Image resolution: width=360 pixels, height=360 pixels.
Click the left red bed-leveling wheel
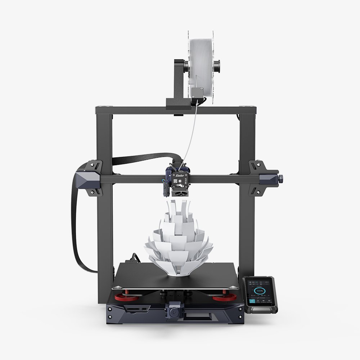[127, 298]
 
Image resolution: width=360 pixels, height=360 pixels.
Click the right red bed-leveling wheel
[225, 298]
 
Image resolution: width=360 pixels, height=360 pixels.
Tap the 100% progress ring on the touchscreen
[259, 291]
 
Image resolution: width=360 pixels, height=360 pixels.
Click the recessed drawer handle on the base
[197, 317]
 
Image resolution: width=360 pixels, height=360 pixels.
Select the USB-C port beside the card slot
[144, 309]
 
